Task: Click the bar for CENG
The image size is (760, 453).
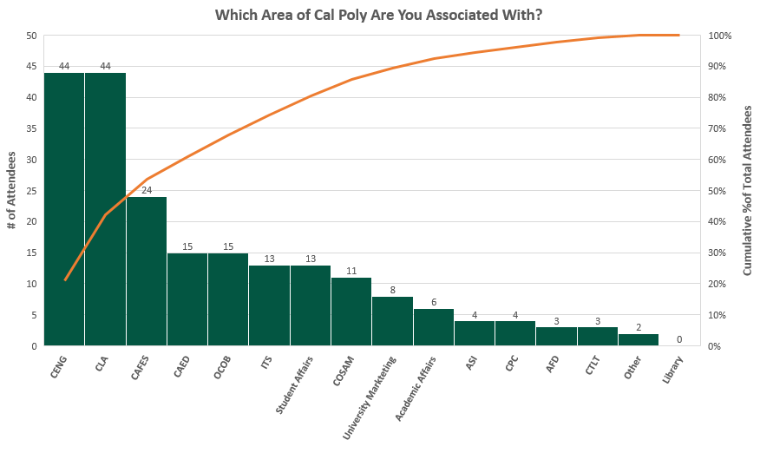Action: [x=64, y=209]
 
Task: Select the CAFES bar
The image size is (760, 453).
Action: [x=147, y=271]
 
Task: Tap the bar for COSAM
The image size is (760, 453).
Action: [x=351, y=312]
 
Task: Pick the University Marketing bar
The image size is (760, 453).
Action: [x=393, y=321]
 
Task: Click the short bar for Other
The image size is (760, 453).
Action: [x=639, y=339]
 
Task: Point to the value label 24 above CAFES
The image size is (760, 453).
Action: [x=147, y=190]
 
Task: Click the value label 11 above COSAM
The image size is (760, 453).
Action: [x=351, y=271]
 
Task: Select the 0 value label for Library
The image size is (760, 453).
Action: [x=679, y=339]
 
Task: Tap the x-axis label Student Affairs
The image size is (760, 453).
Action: [x=294, y=385]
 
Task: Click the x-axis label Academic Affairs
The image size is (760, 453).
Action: [x=416, y=389]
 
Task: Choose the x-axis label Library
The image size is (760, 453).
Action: [x=672, y=370]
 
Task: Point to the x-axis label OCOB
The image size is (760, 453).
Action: [x=222, y=367]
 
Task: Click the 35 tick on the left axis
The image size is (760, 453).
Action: [x=31, y=128]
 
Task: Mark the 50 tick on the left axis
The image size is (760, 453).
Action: [x=31, y=36]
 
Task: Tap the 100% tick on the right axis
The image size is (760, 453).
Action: [x=720, y=36]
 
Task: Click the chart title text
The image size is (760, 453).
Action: [x=378, y=15]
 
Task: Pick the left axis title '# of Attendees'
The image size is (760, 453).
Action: [x=11, y=190]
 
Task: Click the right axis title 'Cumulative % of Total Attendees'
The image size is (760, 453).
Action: [x=747, y=190]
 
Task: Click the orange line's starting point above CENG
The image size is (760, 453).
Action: [x=65, y=280]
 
